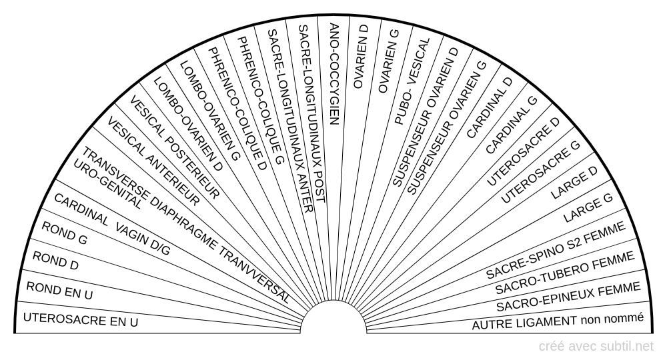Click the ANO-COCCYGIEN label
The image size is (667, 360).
coord(334,74)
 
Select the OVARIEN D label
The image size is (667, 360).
coord(360,57)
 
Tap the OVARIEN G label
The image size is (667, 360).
coord(388,61)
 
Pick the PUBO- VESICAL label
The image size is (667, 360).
coord(412,81)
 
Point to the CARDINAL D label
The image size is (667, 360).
coord(490,108)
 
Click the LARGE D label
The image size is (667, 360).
coord(574,183)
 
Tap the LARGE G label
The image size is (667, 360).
coord(588,208)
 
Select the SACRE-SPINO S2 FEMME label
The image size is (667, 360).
coord(556,250)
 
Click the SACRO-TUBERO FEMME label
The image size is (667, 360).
coord(565,273)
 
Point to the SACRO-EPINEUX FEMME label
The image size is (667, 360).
coord(568,296)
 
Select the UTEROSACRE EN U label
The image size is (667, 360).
coord(81,319)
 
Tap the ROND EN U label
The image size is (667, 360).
coord(59,291)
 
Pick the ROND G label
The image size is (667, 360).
coord(64,233)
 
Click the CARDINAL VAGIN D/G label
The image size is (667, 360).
coord(112,225)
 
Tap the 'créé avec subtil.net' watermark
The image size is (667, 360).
coord(596,347)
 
